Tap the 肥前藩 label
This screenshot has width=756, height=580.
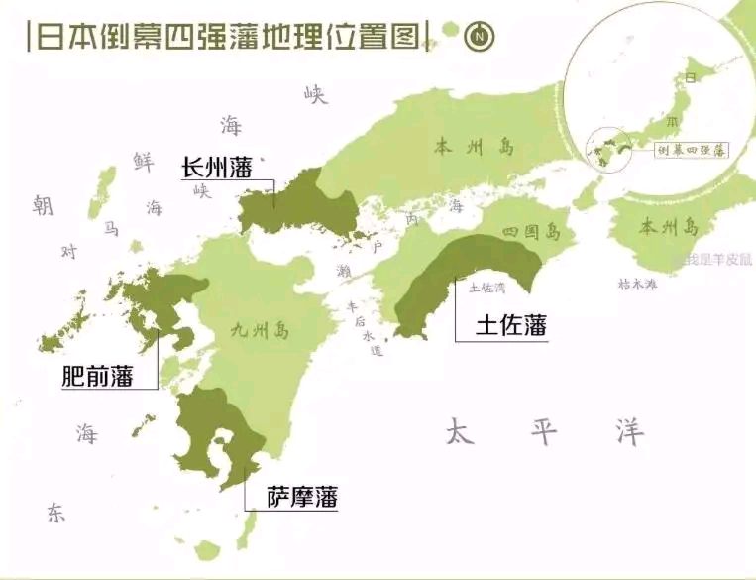point(97,376)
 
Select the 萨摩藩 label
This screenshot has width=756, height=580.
point(302,497)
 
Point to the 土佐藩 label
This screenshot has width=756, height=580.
point(511,325)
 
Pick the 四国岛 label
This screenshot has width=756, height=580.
point(531,234)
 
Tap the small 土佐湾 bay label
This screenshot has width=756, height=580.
point(486,288)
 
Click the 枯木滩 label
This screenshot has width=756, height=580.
point(637,284)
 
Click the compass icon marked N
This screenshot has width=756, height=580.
point(481,37)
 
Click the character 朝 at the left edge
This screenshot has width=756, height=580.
point(42,205)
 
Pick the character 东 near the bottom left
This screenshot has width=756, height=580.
point(55,512)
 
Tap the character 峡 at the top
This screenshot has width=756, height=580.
point(315,94)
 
